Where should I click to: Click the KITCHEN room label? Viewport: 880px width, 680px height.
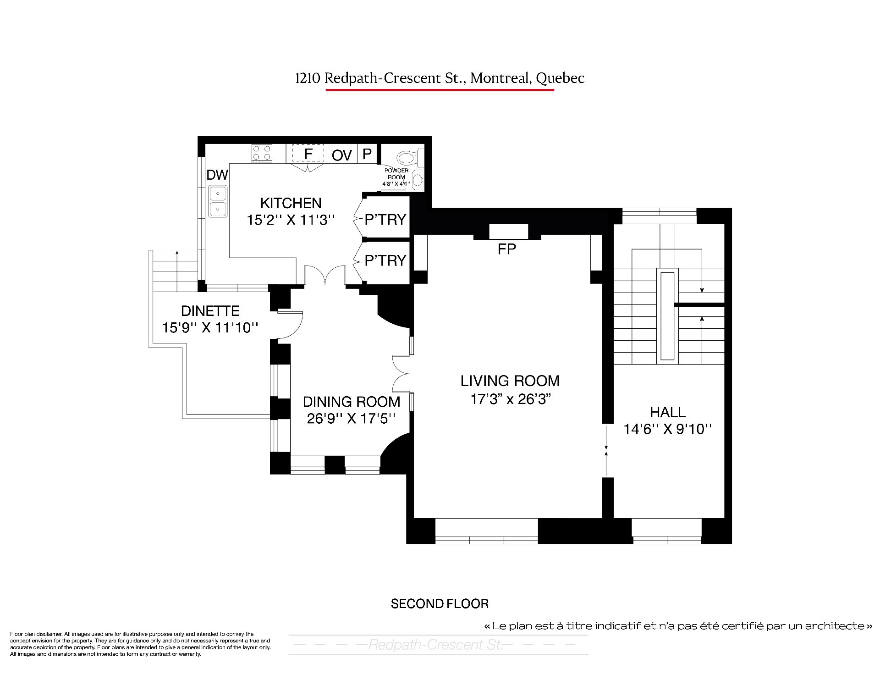(x=291, y=203)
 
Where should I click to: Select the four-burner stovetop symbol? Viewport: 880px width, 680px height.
(x=262, y=153)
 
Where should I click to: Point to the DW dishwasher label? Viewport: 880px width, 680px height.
(x=217, y=175)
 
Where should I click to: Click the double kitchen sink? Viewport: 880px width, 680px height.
(x=218, y=201)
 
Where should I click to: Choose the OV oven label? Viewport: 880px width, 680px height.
(x=342, y=155)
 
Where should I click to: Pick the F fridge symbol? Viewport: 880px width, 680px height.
(x=308, y=154)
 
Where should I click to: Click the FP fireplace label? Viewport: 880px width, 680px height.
(x=507, y=249)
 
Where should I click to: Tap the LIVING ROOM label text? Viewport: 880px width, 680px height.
(x=510, y=381)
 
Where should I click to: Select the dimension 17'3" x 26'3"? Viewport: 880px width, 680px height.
(x=510, y=399)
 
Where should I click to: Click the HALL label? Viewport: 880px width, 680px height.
(x=668, y=412)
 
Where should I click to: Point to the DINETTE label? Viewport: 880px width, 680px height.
(x=210, y=311)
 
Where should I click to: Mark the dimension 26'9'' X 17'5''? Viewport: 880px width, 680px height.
(x=352, y=419)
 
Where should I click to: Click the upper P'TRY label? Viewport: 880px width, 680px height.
(x=385, y=220)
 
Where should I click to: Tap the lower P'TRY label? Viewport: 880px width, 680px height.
(x=385, y=260)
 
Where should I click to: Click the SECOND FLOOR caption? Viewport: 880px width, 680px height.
(x=440, y=604)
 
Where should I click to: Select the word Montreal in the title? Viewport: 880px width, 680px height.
(x=500, y=78)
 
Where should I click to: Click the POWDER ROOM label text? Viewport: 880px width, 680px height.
(x=396, y=174)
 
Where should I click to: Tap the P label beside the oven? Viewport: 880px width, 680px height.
(x=367, y=154)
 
